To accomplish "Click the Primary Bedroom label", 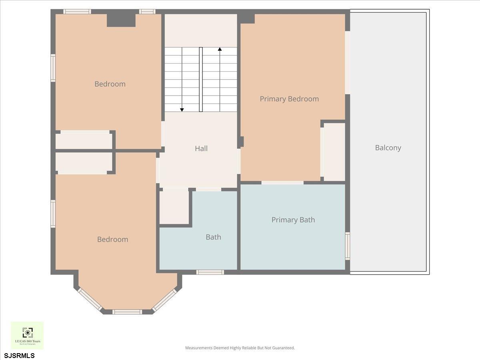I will pyautogui.click(x=289, y=99).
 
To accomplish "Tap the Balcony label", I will pyautogui.click(x=388, y=148).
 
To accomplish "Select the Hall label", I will pyautogui.click(x=201, y=148).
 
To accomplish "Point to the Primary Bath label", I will pyautogui.click(x=293, y=220).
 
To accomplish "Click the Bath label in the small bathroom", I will pyautogui.click(x=213, y=237).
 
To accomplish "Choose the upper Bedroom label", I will pyautogui.click(x=110, y=84).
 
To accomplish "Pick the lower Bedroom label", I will pyautogui.click(x=112, y=239).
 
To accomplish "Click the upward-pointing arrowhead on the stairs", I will pyautogui.click(x=220, y=49).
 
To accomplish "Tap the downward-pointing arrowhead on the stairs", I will pyautogui.click(x=182, y=109).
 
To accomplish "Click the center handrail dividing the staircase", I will pyautogui.click(x=201, y=80).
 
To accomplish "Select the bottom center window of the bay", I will pyautogui.click(x=127, y=312).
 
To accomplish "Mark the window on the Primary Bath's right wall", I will pyautogui.click(x=348, y=246).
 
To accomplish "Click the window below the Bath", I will pyautogui.click(x=210, y=272).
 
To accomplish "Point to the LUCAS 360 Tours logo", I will pyautogui.click(x=27, y=335).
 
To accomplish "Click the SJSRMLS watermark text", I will pyautogui.click(x=20, y=355).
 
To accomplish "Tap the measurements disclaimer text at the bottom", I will pyautogui.click(x=240, y=348).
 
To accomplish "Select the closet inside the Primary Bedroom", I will pyautogui.click(x=334, y=152).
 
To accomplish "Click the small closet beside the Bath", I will pyautogui.click(x=174, y=207).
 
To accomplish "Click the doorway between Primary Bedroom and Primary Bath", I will pyautogui.click(x=282, y=183).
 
